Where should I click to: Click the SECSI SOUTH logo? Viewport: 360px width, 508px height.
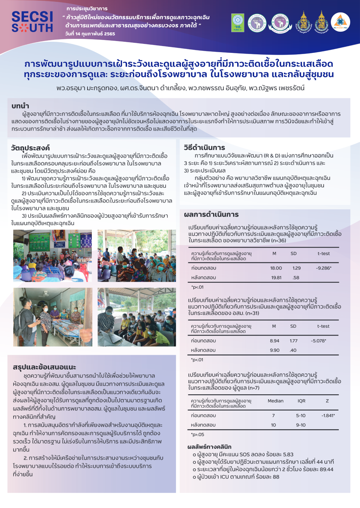32,22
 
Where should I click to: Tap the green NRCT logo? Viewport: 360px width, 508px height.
238,23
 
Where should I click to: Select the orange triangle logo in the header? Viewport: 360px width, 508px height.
340,22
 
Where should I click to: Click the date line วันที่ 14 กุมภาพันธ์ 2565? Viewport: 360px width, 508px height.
90,34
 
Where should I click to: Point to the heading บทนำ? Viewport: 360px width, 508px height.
20,106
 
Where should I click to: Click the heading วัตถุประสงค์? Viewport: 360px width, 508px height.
30,148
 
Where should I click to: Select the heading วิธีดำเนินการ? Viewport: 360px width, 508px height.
204,148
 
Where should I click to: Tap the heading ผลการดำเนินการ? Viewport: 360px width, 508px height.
211,214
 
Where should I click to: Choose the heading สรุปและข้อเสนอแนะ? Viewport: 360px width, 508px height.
44,367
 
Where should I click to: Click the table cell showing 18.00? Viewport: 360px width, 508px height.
276,268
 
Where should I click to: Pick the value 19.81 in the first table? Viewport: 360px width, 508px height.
276,277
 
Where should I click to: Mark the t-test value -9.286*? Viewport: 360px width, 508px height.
324,268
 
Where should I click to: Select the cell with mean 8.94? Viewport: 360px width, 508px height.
274,341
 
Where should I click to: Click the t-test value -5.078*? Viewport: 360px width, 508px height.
319,341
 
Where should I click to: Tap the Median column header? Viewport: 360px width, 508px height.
275,401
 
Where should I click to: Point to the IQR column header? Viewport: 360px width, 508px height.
301,401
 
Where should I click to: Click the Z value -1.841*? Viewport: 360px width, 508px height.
328,416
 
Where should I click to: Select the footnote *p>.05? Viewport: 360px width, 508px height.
198,434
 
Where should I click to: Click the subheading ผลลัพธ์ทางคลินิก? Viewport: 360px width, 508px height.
209,447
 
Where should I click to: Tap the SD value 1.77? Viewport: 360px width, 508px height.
293,341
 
